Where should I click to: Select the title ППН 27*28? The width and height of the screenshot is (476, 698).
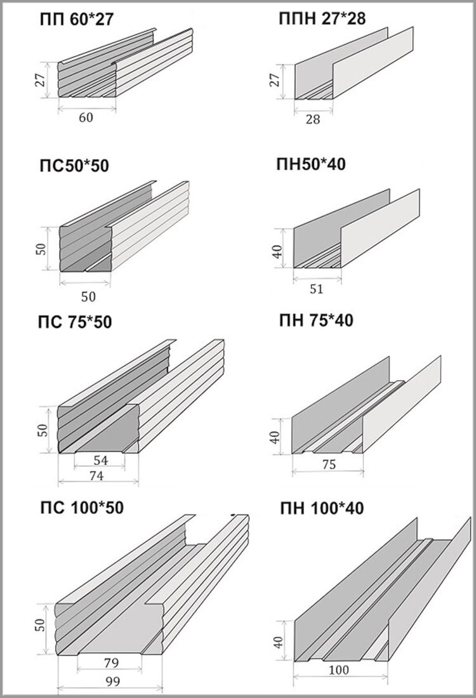pos(322,19)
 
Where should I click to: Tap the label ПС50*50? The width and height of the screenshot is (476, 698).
pos(74,166)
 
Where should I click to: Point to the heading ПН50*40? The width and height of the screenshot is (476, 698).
pos(311,164)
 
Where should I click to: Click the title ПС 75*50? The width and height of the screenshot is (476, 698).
pos(75,322)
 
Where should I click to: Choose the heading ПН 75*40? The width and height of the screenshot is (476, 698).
pos(316,320)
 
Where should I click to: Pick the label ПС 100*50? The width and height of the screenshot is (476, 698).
pos(81,508)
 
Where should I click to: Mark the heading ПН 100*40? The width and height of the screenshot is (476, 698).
pos(322,508)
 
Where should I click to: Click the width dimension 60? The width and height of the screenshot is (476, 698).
pos(86,117)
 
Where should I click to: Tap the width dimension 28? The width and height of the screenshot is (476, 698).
pos(313,119)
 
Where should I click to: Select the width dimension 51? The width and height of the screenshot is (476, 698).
pos(316,289)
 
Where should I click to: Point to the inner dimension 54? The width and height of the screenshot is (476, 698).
pos(101,460)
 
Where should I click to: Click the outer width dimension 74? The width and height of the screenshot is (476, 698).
pos(96,476)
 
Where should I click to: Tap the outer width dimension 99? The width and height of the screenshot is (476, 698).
pos(113,682)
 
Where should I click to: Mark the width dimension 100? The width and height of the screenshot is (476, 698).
pos(340,669)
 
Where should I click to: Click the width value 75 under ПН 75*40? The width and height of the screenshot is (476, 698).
pos(328,464)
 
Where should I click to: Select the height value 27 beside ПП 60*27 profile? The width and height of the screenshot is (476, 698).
pos(41,80)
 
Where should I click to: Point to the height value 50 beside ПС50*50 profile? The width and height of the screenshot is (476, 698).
pos(41,249)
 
